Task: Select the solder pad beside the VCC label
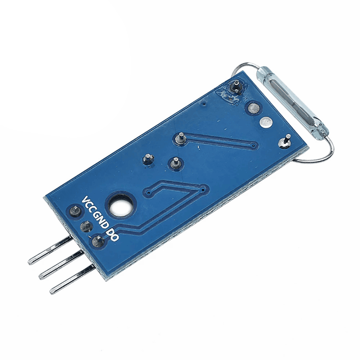pyautogui.click(x=74, y=211)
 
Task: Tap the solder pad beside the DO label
pyautogui.click(x=98, y=242)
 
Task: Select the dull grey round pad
pyautogui.click(x=253, y=108)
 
